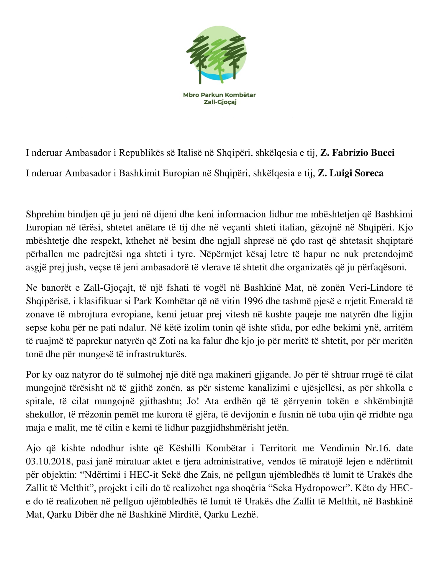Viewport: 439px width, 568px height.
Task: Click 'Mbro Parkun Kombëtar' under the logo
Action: [219, 95]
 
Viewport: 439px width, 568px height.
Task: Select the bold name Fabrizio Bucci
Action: [357, 153]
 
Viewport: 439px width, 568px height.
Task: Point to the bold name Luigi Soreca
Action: [351, 173]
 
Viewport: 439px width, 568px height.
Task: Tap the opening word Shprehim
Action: [45, 214]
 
